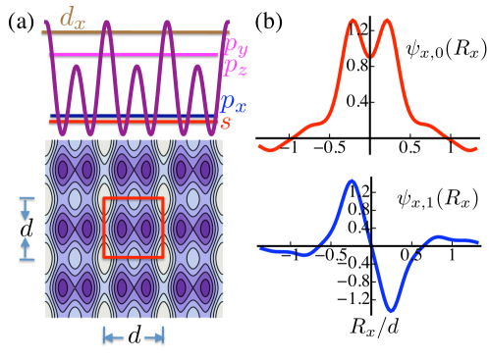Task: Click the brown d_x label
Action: (x=73, y=18)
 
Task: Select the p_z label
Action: (x=236, y=66)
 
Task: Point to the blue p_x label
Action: (x=233, y=102)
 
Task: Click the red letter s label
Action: (x=226, y=123)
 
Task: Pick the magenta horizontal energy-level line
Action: (x=137, y=55)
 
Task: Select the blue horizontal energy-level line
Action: (x=137, y=116)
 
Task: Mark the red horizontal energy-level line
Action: (x=137, y=122)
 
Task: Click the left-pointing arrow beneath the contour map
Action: (x=114, y=336)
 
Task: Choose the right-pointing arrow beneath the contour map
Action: (x=154, y=336)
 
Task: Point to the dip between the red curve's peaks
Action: (x=369, y=56)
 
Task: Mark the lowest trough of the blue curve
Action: (x=391, y=310)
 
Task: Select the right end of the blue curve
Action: (x=477, y=241)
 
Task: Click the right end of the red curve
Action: (x=476, y=149)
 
